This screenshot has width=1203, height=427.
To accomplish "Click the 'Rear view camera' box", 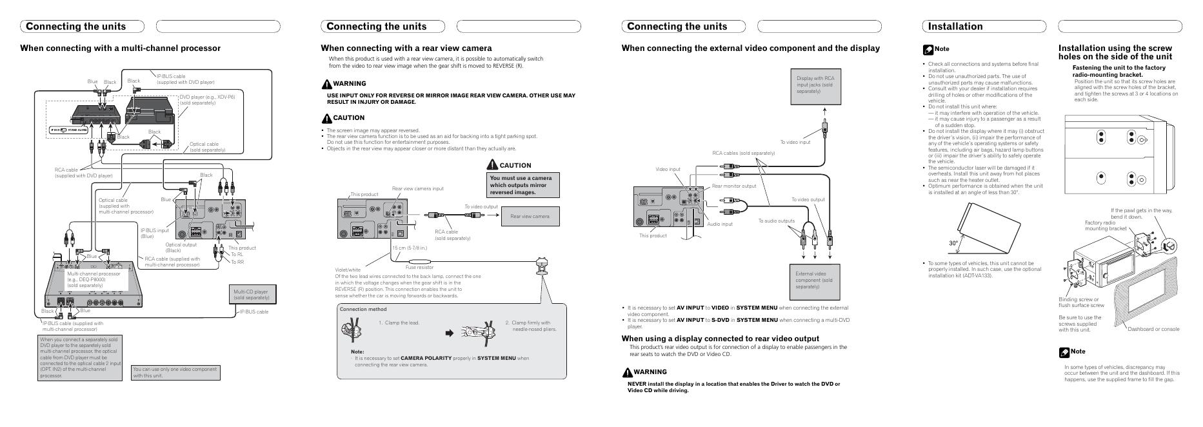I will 530,216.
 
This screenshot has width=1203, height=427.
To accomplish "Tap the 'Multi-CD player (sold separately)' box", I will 251,294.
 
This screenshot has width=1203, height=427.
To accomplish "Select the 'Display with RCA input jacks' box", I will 815,85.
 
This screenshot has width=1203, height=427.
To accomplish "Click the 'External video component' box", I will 815,279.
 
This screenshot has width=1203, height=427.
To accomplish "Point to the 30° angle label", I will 953,243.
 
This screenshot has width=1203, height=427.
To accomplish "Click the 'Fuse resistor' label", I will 419,267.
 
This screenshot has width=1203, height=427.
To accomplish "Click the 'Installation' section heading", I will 955,26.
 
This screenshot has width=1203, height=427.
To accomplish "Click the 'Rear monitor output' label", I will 734,186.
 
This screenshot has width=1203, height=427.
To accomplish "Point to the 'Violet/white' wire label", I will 348,270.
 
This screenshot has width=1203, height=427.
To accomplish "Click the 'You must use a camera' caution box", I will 523,185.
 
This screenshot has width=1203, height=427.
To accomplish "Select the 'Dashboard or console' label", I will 1153,329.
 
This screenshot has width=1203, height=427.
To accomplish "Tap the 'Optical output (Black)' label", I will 181,247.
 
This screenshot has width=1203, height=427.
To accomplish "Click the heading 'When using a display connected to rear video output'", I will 720,339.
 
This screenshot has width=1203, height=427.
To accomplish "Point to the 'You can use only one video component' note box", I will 175,372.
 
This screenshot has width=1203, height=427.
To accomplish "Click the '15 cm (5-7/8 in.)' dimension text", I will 410,248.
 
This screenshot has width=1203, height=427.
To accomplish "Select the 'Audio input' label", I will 720,224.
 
